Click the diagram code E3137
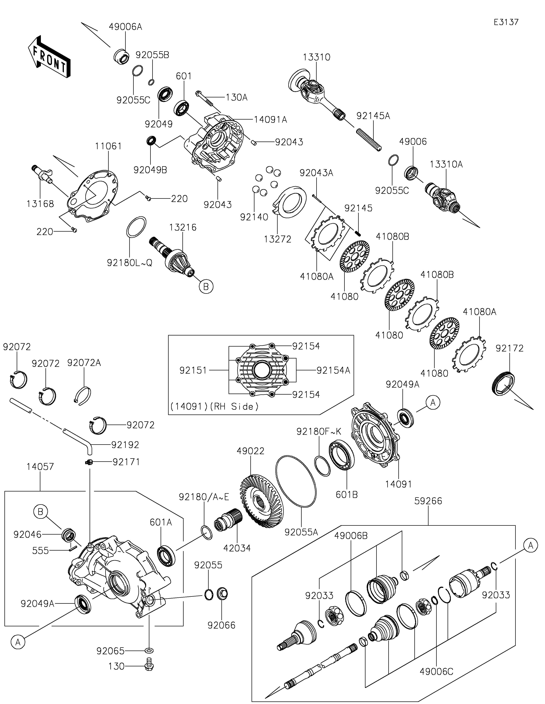pyautogui.click(x=506, y=22)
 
